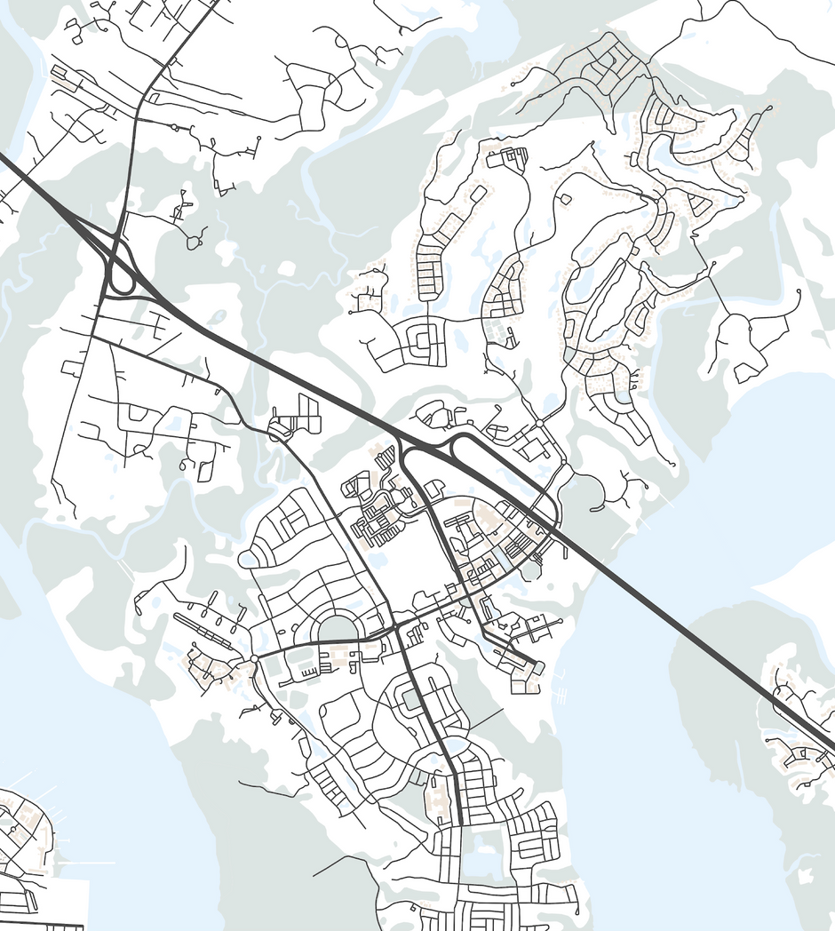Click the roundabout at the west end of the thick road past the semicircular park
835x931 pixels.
coord(254,658)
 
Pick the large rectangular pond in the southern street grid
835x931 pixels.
coord(481,861)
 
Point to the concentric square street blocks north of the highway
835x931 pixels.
coord(423,338)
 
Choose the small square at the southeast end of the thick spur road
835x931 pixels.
coord(538,667)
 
